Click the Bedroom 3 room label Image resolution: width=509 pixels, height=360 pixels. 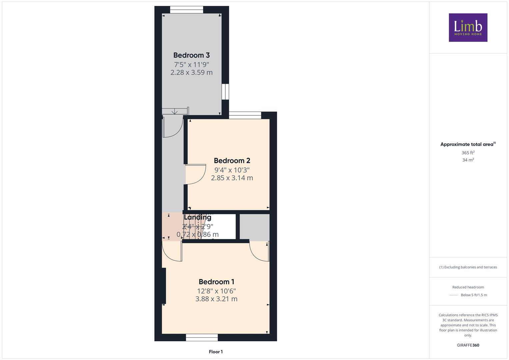pyautogui.click(x=191, y=55)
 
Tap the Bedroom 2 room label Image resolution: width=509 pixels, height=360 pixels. pyautogui.click(x=232, y=161)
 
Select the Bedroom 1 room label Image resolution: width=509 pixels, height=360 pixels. pyautogui.click(x=216, y=282)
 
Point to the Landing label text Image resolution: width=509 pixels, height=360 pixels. pyautogui.click(x=198, y=217)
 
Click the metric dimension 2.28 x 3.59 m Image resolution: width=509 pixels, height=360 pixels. pyautogui.click(x=191, y=72)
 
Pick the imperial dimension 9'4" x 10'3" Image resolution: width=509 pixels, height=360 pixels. pyautogui.click(x=232, y=170)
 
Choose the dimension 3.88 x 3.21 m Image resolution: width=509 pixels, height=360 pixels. pyautogui.click(x=216, y=299)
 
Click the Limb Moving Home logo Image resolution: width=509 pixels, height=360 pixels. pyautogui.click(x=468, y=27)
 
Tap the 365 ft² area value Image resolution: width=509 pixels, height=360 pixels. pyautogui.click(x=468, y=153)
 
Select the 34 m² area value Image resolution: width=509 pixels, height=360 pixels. pyautogui.click(x=468, y=160)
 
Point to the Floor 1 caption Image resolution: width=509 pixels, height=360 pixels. pyautogui.click(x=216, y=352)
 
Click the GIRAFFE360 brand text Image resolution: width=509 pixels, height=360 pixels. pyautogui.click(x=468, y=345)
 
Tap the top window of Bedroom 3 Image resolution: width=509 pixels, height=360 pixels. pyautogui.click(x=186, y=10)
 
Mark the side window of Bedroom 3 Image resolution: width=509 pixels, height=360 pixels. pyautogui.click(x=225, y=91)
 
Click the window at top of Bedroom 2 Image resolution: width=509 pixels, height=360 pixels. pyautogui.click(x=245, y=115)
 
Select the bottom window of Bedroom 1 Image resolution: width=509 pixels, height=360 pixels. pyautogui.click(x=202, y=338)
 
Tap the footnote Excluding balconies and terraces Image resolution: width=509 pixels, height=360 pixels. pyautogui.click(x=468, y=267)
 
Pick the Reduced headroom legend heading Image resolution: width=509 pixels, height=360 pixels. pyautogui.click(x=468, y=287)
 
